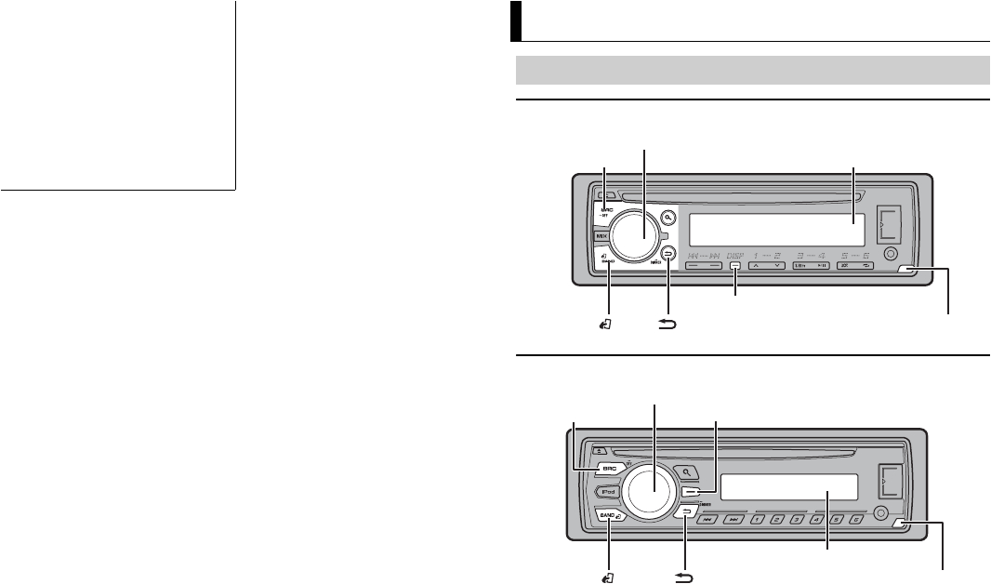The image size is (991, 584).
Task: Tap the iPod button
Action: [x=608, y=492]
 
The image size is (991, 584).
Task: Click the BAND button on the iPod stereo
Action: [x=609, y=514]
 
